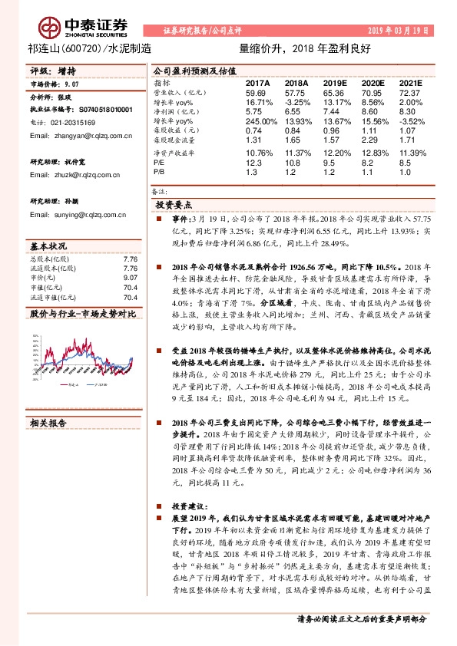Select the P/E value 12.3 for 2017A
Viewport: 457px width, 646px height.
(253, 163)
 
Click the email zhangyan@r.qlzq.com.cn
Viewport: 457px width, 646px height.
(78, 135)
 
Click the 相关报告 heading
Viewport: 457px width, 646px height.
(49, 422)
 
